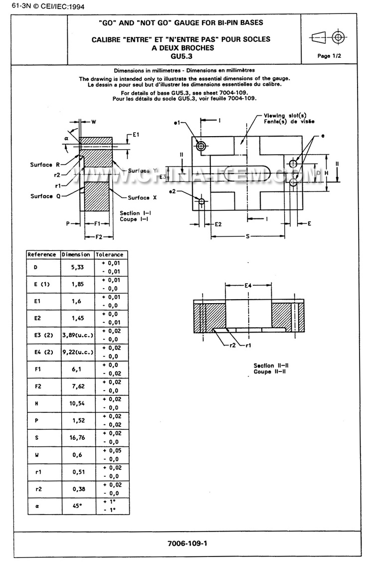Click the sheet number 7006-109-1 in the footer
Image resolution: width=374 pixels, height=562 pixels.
click(187, 544)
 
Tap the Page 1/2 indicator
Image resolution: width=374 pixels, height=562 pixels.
click(329, 56)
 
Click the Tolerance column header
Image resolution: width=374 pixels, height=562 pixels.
click(109, 254)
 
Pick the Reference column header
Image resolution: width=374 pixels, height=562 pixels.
click(42, 254)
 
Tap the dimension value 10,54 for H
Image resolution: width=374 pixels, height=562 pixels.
click(76, 403)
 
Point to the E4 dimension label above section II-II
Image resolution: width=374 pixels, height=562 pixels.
click(248, 285)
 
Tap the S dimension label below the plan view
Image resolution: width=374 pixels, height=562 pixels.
click(247, 236)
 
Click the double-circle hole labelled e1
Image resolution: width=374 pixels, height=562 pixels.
click(201, 146)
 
